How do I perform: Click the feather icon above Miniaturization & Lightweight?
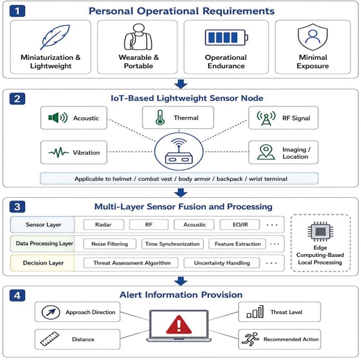pos(56,37)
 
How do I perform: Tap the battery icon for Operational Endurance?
pos(227,38)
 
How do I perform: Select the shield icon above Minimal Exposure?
pos(312,37)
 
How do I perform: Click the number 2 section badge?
pos(17,99)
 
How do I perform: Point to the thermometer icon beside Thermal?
pos(160,118)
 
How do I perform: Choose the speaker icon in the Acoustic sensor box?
pos(58,118)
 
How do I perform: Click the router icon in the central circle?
pos(179,151)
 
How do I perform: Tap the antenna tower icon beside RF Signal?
pos(266,118)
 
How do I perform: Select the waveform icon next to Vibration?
pos(58,152)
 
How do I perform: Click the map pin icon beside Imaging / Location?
pos(266,152)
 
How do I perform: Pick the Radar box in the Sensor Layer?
pos(104,225)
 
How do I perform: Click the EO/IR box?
pos(240,225)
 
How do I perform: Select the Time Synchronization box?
pos(173,244)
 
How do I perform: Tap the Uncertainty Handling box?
pos(222,263)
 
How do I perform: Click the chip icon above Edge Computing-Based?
pos(321,231)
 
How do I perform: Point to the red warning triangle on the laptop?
pos(179,324)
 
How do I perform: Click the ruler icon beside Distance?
pos(49,339)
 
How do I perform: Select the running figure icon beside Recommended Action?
pos(250,339)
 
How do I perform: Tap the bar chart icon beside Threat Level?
pos(255,312)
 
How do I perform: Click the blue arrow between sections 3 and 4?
pos(181,281)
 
